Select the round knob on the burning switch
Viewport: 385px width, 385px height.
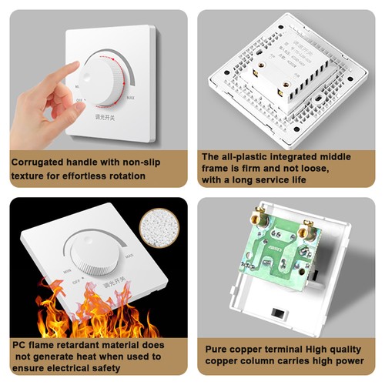(94, 258)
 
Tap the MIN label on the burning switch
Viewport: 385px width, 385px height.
(68, 272)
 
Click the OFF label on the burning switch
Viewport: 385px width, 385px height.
(75, 283)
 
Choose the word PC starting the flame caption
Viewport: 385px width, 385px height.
(17, 345)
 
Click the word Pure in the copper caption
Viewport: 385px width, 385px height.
(217, 349)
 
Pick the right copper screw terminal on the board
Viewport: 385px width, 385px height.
(306, 229)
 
